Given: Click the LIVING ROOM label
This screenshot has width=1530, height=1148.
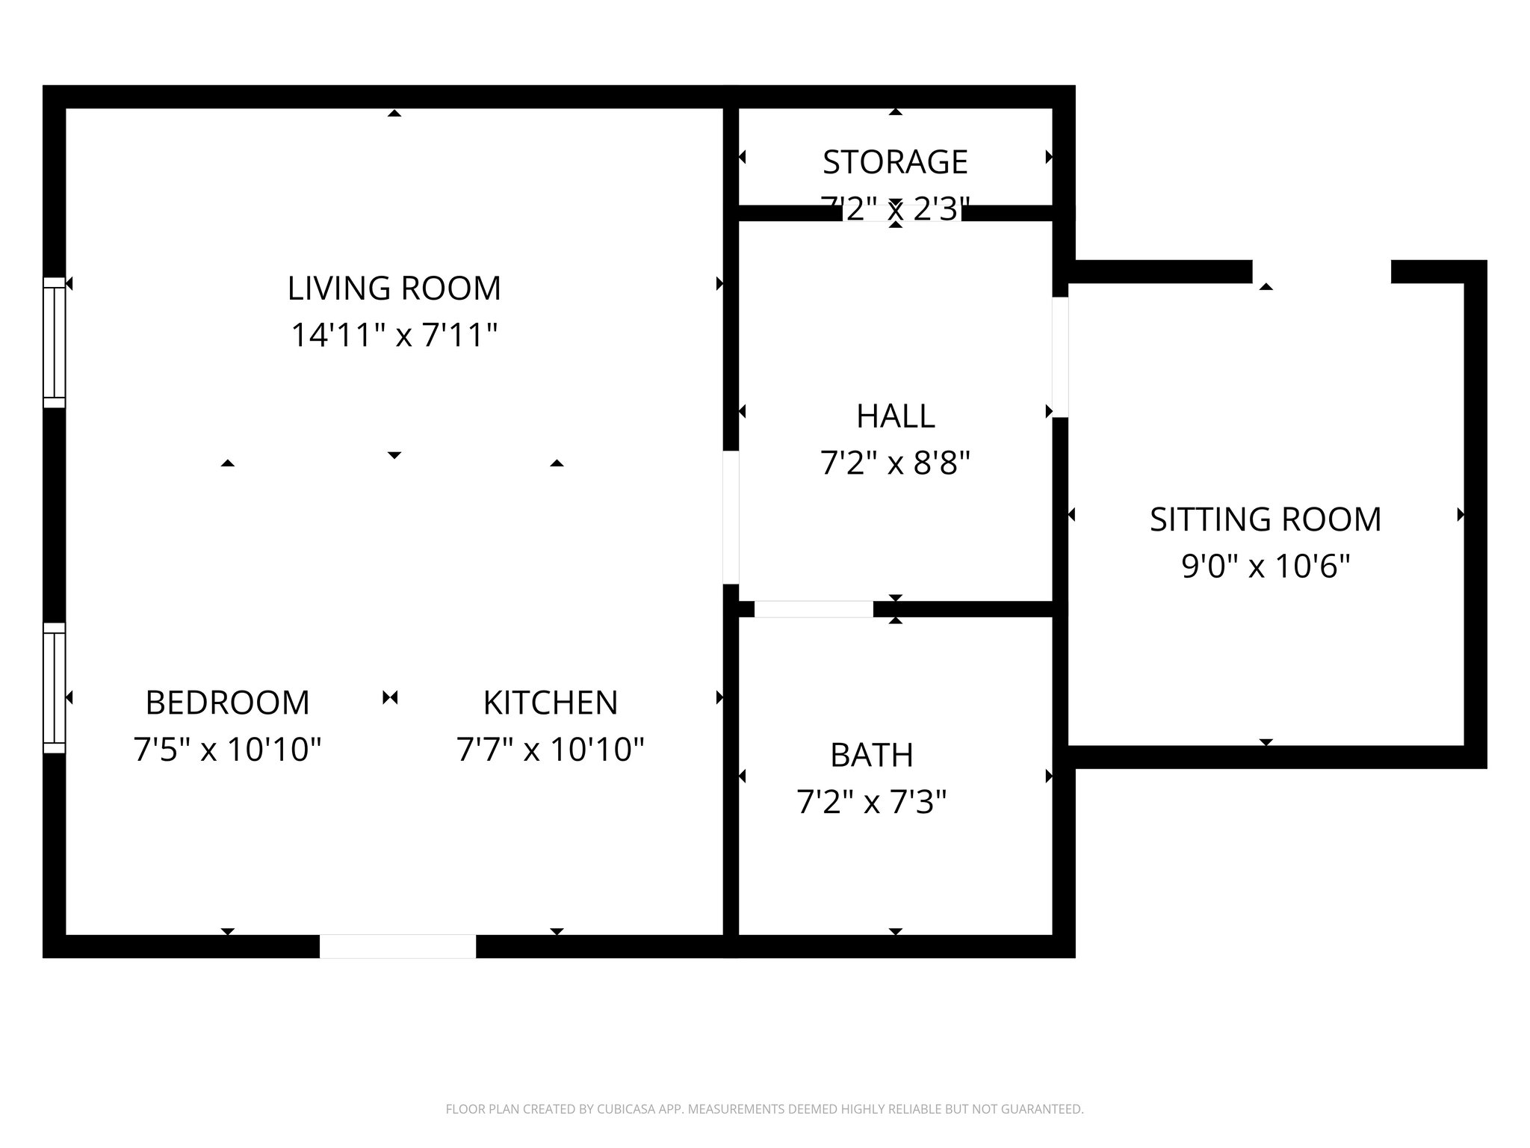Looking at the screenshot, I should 394,288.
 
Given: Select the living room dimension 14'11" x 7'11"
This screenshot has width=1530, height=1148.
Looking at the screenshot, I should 394,335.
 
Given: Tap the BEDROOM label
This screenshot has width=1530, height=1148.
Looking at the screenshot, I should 227,703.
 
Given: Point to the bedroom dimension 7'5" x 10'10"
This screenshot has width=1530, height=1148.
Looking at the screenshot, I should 227,749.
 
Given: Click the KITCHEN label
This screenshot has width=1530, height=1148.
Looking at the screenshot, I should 551,703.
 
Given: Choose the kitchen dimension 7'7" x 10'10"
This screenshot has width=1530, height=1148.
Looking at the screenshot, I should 551,749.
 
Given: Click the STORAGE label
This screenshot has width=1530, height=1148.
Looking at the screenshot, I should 895,162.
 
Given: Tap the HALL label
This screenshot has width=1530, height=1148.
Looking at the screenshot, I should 895,416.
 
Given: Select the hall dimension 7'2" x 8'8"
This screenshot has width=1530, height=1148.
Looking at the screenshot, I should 895,463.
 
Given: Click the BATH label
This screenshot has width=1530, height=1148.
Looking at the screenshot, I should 872,756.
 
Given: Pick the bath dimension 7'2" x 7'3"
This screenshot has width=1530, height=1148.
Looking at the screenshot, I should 872,803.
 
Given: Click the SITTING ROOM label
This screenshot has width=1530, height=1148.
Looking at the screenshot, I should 1266,519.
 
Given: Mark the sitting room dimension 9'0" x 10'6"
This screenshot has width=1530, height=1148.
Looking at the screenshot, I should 1266,567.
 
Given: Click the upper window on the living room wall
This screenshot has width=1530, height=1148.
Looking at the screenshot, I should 55,343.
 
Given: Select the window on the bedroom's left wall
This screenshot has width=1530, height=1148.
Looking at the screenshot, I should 55,688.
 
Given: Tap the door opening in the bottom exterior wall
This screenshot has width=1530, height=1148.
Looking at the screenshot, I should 397,945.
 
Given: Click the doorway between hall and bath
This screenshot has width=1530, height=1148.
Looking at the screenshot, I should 814,609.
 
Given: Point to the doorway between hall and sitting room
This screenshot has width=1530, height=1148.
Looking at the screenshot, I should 1060,357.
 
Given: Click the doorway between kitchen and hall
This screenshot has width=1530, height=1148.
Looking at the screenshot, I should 731,516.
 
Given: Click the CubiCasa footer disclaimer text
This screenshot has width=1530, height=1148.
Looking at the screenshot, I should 764,1109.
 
